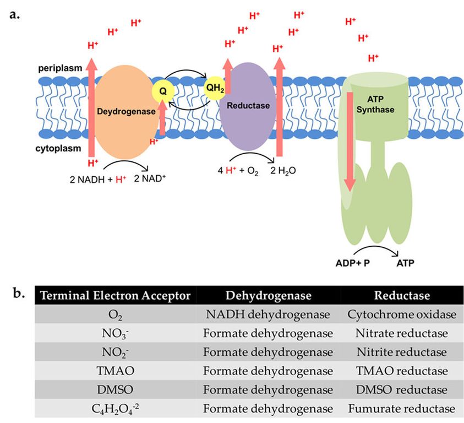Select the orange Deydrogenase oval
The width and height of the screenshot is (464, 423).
pyautogui.click(x=127, y=111)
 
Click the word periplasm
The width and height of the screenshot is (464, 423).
pyautogui.click(x=61, y=68)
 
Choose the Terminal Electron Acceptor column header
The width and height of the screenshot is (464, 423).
pyautogui.click(x=114, y=296)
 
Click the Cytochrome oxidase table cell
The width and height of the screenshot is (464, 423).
pyautogui.click(x=402, y=314)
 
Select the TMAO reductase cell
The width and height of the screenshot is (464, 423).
pyautogui.click(x=402, y=371)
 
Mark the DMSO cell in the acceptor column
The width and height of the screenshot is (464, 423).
pyautogui.click(x=113, y=390)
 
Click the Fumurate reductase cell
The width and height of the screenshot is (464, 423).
pyautogui.click(x=402, y=409)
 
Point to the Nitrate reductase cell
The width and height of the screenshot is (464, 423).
pyautogui.click(x=402, y=334)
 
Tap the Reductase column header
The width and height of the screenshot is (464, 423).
pyautogui.click(x=402, y=296)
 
